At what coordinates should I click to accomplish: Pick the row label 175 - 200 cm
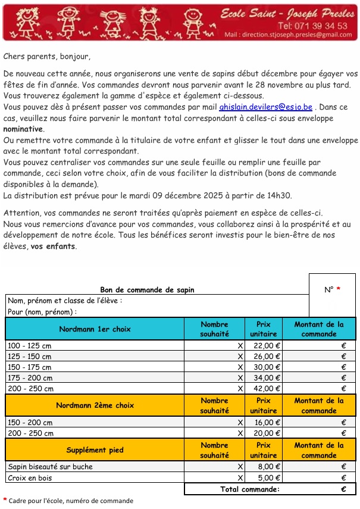(29, 378)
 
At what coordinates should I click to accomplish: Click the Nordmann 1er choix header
(95, 329)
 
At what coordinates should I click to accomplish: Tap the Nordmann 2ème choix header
(95, 405)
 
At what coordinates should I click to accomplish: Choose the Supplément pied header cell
(95, 449)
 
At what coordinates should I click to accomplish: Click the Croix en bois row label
(30, 478)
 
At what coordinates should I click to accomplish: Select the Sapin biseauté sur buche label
(50, 467)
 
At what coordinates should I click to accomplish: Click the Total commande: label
(249, 489)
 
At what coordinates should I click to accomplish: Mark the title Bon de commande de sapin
(147, 290)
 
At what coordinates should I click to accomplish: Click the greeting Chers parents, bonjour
(47, 57)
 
